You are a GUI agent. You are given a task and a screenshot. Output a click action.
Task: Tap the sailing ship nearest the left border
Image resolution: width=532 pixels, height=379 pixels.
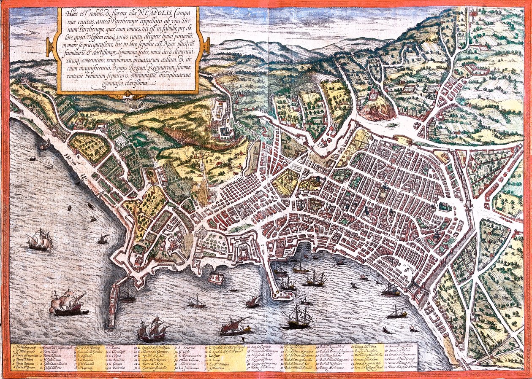(x=40, y=241)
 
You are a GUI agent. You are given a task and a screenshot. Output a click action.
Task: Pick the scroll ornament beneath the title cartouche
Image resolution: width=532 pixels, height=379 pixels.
(x=127, y=96)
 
